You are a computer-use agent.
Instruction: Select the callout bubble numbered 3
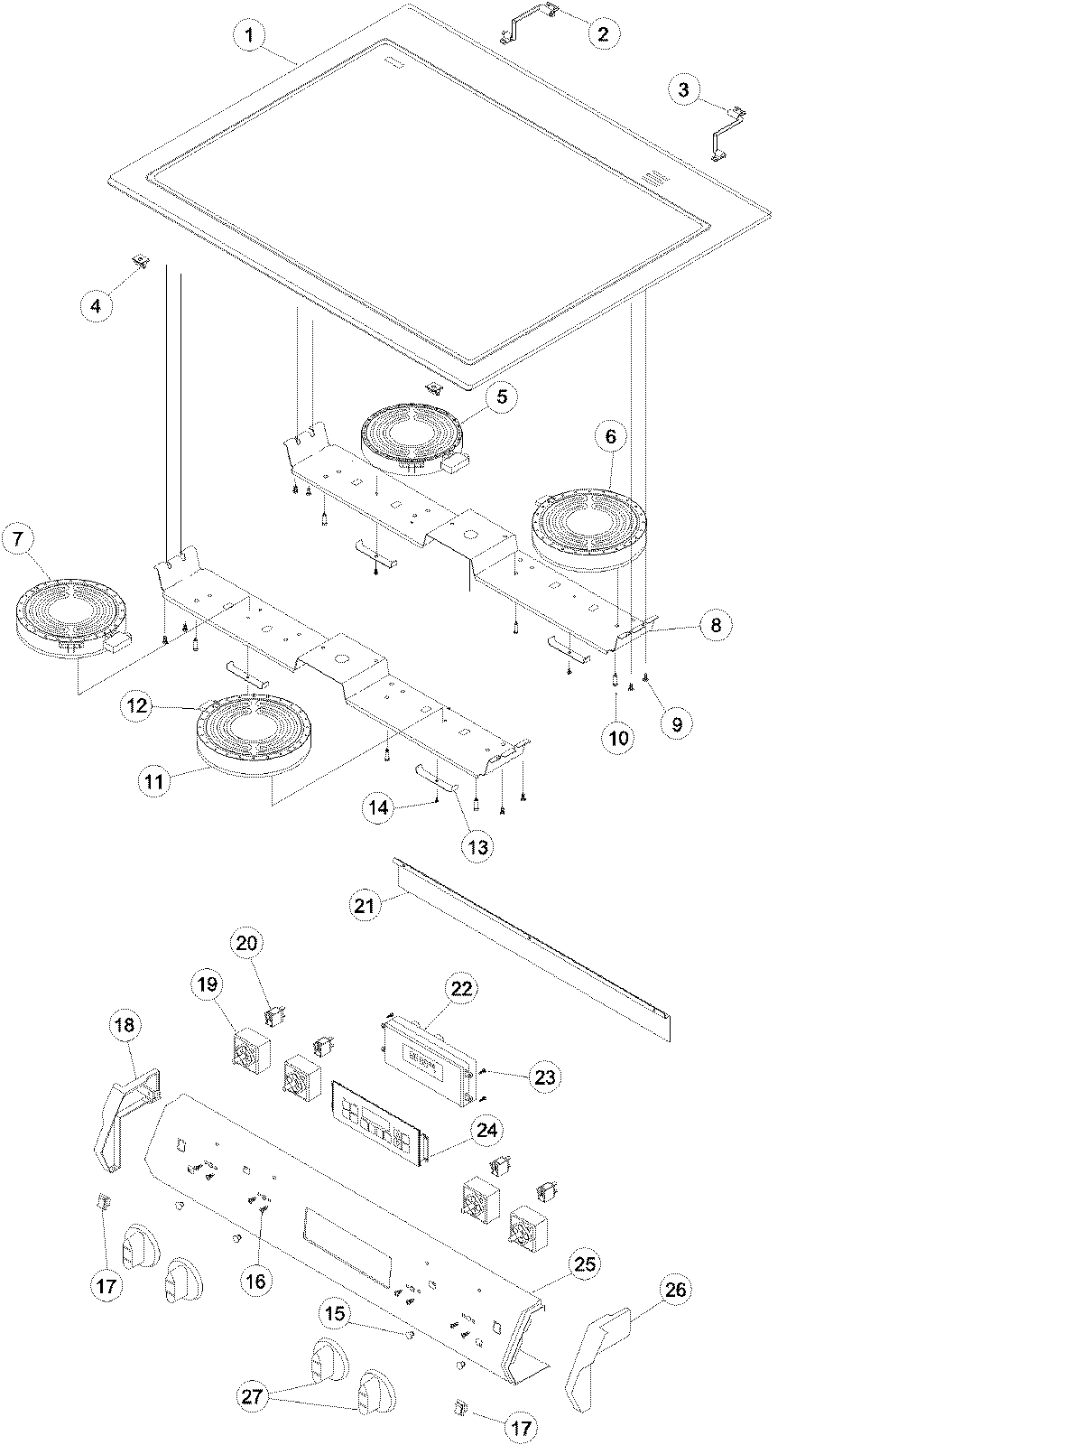(683, 89)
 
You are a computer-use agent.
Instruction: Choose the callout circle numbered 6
(610, 437)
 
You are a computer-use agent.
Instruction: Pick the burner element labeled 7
(70, 616)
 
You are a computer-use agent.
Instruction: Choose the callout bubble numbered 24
(488, 1130)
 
